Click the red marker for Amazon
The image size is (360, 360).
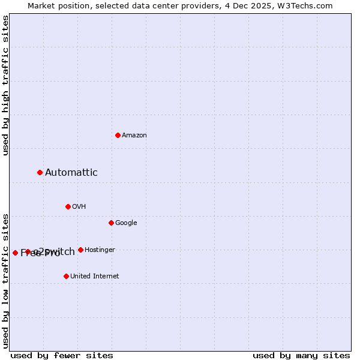(118, 135)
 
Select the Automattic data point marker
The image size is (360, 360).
(40, 172)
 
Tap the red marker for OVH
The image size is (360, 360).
(68, 206)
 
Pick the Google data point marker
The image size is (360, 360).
(111, 223)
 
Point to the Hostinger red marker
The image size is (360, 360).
(80, 250)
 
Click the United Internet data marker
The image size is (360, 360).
(66, 276)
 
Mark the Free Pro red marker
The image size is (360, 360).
(15, 253)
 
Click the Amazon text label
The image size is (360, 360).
(134, 135)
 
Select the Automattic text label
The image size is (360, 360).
(71, 172)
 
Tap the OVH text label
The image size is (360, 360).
(79, 206)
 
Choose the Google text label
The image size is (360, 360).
(126, 223)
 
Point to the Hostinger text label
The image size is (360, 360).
(100, 250)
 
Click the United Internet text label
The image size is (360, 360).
(94, 276)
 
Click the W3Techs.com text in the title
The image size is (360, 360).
(305, 5)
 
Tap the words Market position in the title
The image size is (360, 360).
(55, 5)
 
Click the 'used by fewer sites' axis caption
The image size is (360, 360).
(61, 355)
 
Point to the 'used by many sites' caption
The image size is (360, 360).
(301, 355)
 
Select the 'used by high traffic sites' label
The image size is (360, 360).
(5, 85)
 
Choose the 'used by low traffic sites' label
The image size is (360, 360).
(5, 280)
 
